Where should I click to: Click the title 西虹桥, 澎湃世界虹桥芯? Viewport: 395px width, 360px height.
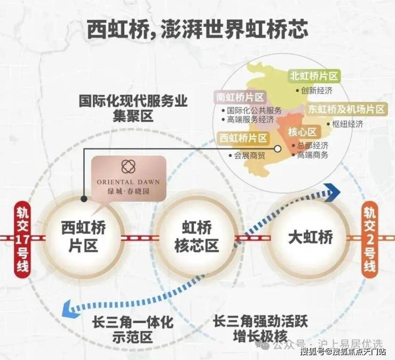197,30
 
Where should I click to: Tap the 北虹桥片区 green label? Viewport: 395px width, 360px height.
314,77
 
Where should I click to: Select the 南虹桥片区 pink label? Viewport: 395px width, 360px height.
240,98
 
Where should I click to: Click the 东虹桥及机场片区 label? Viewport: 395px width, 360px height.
346,109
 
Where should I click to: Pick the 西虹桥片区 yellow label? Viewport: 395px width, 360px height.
243,138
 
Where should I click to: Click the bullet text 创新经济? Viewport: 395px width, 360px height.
317,91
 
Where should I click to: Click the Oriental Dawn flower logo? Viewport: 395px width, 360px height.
128,166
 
